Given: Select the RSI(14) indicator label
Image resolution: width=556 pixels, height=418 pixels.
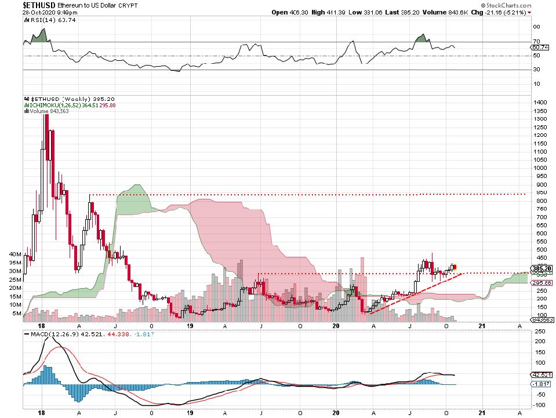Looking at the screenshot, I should click(43, 20).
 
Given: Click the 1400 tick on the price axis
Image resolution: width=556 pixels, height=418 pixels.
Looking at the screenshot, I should click(539, 102).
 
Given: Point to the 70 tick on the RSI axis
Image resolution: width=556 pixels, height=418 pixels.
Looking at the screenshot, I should click(536, 41).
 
